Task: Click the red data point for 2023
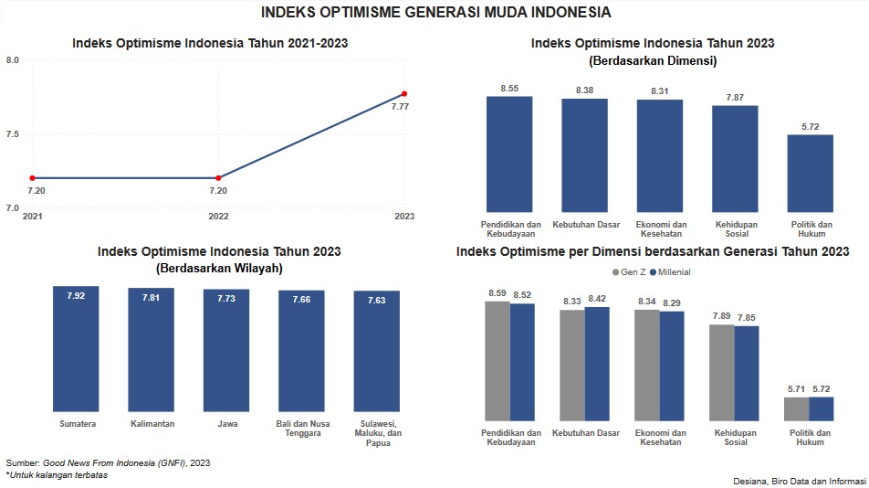(404, 94)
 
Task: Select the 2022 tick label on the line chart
(218, 217)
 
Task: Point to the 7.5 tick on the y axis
(13, 134)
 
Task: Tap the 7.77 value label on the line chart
(400, 107)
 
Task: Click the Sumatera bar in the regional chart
(76, 348)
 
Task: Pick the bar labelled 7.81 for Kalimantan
(152, 349)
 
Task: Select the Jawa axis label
(226, 424)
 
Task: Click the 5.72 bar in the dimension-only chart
(811, 174)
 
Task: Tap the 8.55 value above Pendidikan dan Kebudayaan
(509, 89)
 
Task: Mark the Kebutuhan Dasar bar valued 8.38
(584, 154)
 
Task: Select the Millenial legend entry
(669, 272)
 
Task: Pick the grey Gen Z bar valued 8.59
(497, 361)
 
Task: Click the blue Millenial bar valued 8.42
(597, 364)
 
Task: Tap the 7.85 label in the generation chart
(747, 317)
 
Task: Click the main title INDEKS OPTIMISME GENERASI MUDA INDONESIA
(435, 13)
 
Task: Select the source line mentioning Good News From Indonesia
(109, 463)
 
